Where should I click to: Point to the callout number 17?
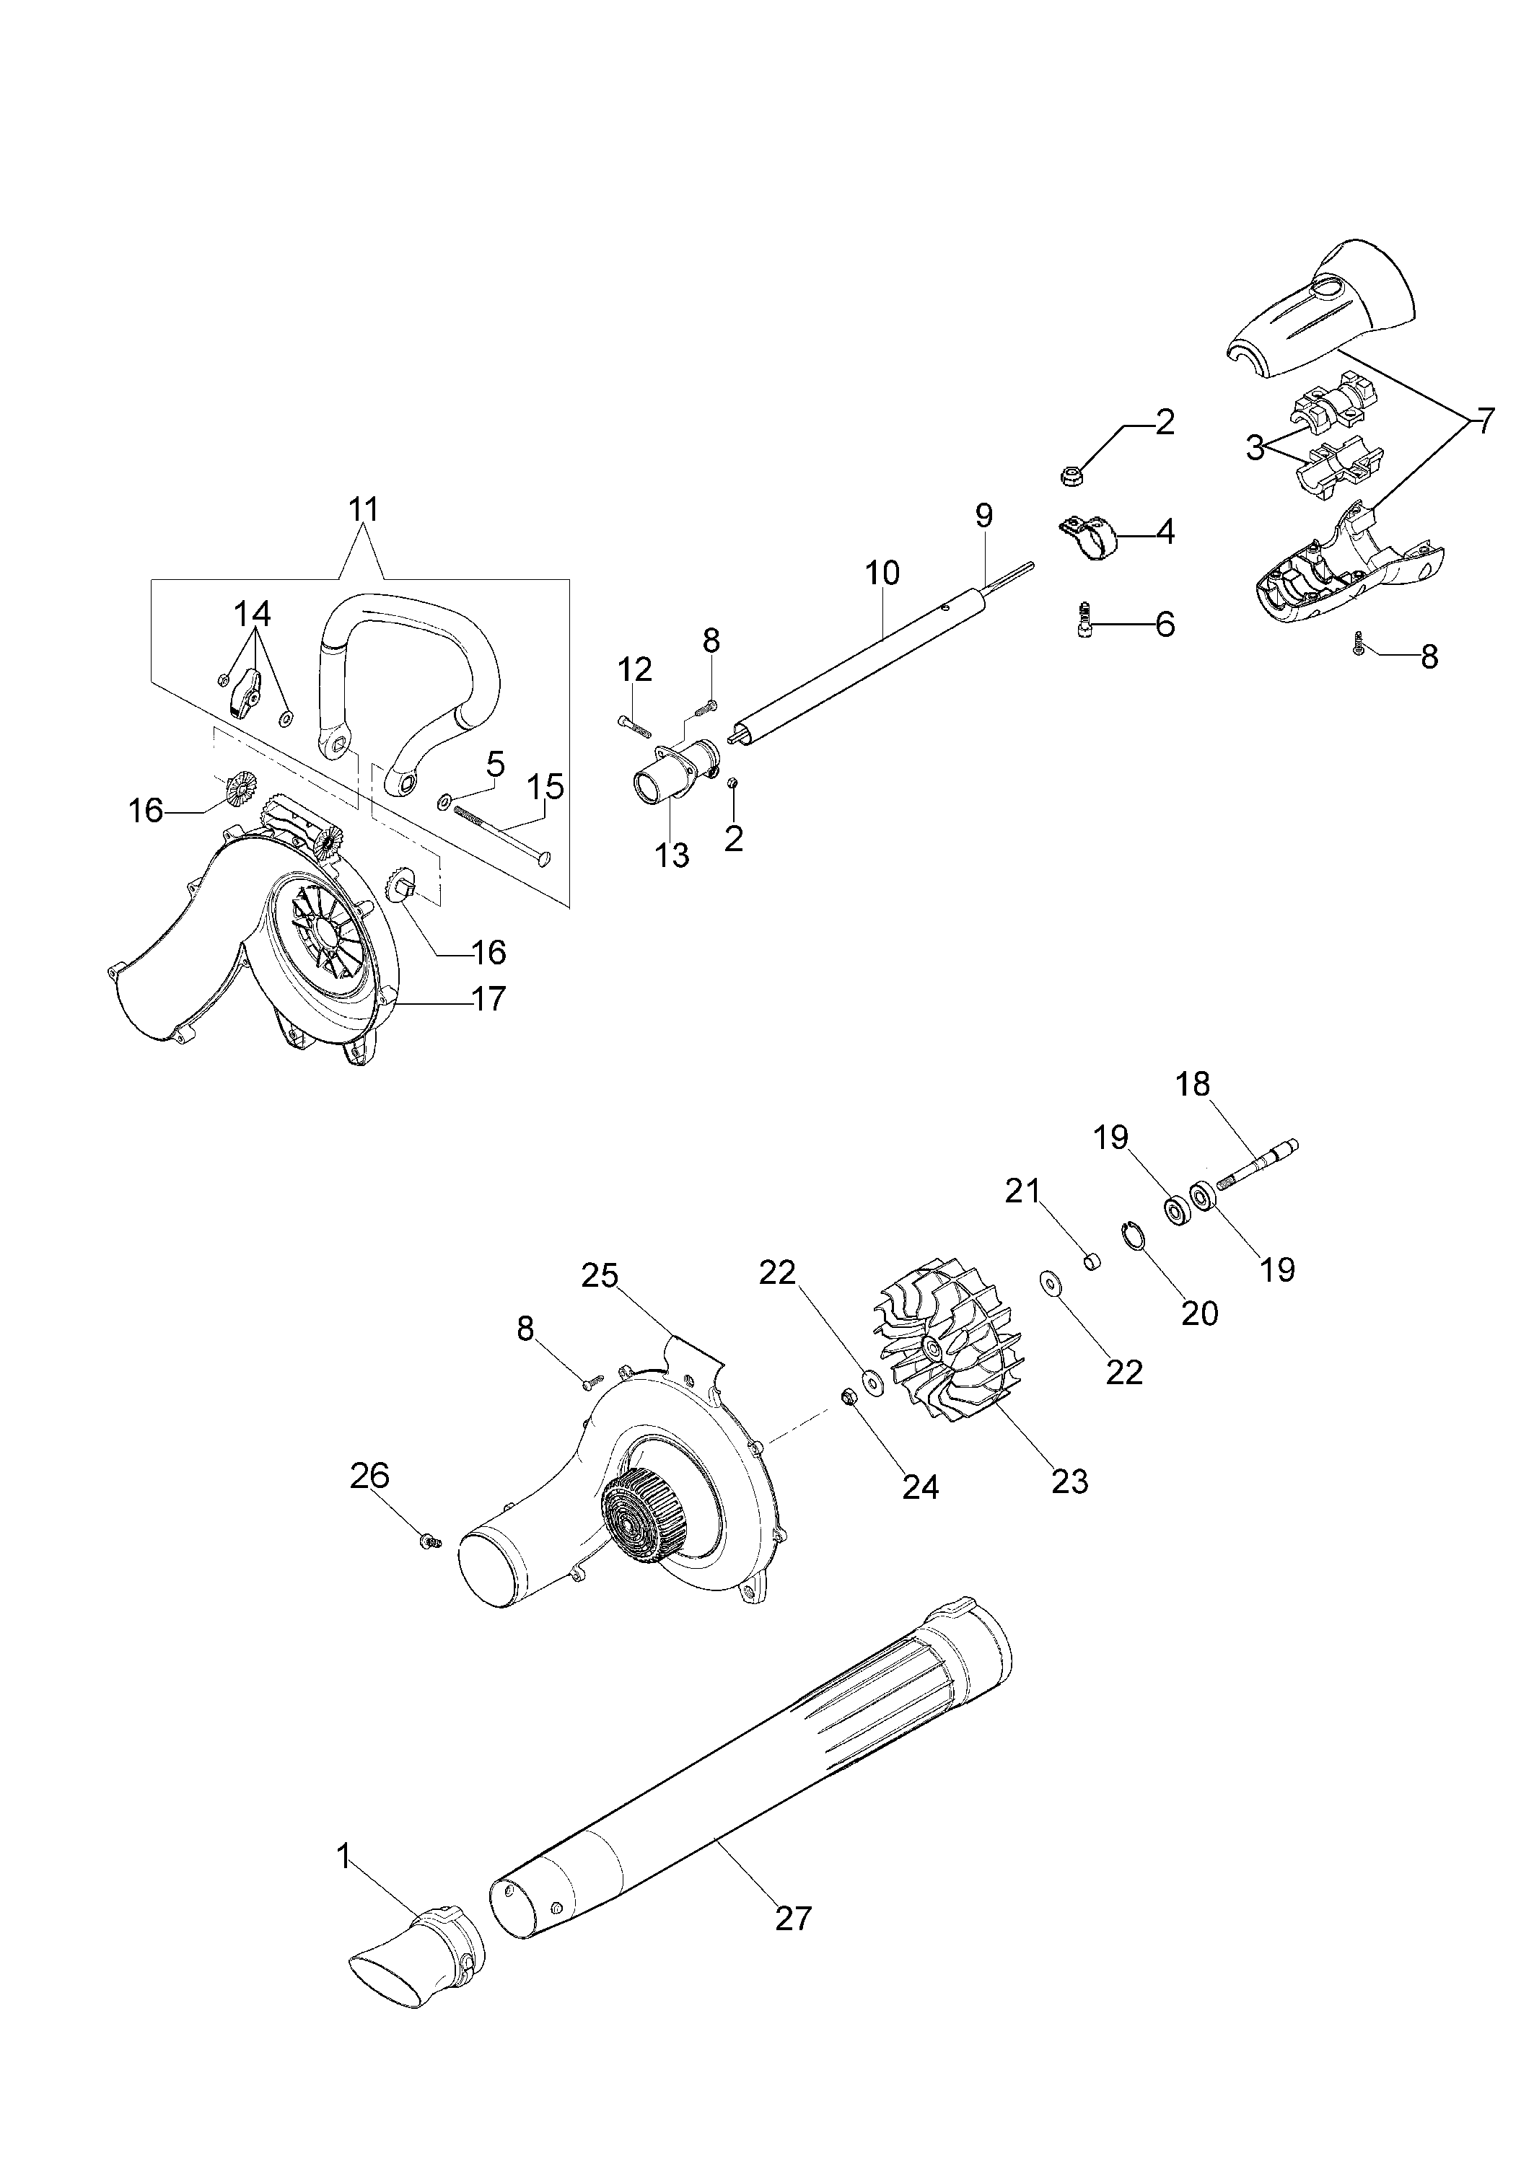tap(489, 998)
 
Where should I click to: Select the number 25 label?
tap(599, 1275)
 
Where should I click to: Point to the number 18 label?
tap(1193, 1083)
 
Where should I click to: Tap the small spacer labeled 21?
tap(1092, 1262)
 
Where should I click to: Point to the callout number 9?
tap(983, 515)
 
